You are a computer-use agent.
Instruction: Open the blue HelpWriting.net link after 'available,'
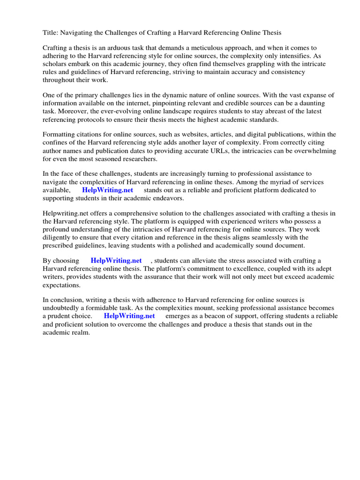107,190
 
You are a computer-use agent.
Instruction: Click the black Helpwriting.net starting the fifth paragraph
64,213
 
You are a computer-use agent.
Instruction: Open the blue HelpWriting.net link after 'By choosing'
116,261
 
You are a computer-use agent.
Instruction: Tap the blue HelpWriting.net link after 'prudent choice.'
129,316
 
